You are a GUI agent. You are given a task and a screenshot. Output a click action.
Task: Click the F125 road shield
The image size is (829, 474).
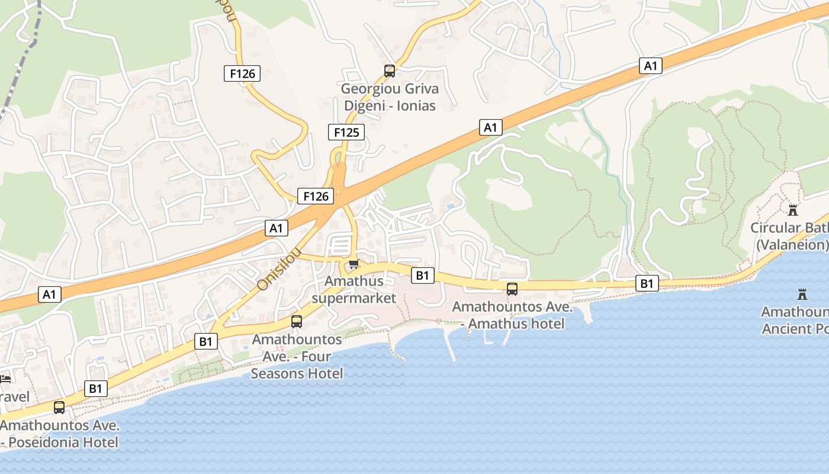coord(346,132)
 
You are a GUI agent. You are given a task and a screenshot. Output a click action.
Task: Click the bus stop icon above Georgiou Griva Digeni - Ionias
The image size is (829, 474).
coord(390,71)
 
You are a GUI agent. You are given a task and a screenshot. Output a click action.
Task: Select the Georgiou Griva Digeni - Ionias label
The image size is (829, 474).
coord(390,97)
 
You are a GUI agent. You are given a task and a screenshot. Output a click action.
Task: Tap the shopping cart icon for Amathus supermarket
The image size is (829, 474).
coord(354,264)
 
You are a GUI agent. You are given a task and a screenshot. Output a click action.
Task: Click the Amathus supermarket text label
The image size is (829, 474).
coord(354,289)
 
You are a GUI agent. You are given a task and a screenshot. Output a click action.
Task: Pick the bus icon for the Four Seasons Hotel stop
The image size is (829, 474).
coord(297,322)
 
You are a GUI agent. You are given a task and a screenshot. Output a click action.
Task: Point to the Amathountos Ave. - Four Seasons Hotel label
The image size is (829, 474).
coord(297,357)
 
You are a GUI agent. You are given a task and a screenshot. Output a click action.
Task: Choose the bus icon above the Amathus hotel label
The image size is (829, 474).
coord(512,289)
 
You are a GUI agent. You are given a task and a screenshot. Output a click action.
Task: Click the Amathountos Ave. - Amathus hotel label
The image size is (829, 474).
coord(512,315)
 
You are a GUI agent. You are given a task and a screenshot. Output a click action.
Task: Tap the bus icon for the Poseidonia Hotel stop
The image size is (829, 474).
coord(59,408)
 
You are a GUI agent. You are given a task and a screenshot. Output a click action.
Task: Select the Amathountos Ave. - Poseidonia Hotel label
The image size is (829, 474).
coord(60,434)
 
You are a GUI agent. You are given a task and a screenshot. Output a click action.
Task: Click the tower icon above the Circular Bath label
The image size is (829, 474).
coord(792,210)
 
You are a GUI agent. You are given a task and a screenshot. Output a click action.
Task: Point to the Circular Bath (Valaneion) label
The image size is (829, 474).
coord(790,236)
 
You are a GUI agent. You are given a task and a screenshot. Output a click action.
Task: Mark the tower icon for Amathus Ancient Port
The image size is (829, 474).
coord(802,294)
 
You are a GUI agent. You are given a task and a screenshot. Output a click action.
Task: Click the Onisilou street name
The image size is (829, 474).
coord(278,270)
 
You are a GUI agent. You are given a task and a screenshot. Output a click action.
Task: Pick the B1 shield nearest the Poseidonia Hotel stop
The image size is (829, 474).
coord(95,389)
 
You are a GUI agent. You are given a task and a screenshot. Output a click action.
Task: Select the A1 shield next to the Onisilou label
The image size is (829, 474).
coord(277,228)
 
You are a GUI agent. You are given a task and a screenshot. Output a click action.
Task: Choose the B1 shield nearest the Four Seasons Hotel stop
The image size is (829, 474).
coord(205,341)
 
